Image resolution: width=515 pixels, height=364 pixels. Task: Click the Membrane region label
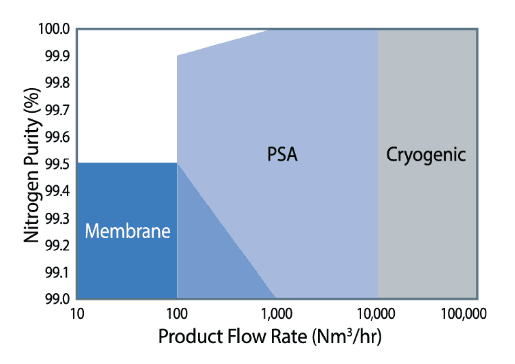pos(128,231)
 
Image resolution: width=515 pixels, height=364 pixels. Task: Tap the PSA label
pos(282,154)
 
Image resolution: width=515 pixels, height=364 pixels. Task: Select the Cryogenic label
pos(426,155)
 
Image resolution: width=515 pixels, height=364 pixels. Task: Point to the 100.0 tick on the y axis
pos(54,29)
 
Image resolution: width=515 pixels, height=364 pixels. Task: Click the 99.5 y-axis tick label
pos(57,164)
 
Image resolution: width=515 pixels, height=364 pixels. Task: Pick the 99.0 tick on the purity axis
pos(57,299)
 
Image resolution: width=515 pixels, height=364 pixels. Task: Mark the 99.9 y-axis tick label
pos(57,56)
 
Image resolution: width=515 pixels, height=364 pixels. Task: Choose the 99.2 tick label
pos(57,245)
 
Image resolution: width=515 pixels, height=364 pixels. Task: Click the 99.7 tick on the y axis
pos(57,110)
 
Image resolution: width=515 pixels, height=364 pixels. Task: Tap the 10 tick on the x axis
pos(77,314)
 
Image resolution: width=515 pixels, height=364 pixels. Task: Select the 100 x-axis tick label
pos(177,314)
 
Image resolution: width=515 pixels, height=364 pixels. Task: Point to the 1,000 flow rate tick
pos(277,314)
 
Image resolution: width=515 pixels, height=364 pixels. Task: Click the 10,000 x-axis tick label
pos(376,314)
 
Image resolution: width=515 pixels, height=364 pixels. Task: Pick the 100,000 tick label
pos(464,314)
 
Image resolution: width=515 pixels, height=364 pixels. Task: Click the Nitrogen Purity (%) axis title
pos(32,165)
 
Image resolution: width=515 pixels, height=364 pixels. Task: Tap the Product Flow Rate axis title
pos(270,337)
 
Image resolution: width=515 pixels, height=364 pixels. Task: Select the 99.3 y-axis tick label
pos(57,218)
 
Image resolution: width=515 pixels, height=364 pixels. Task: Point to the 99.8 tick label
pos(57,83)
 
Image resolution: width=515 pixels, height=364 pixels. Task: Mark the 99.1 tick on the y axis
pos(57,272)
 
